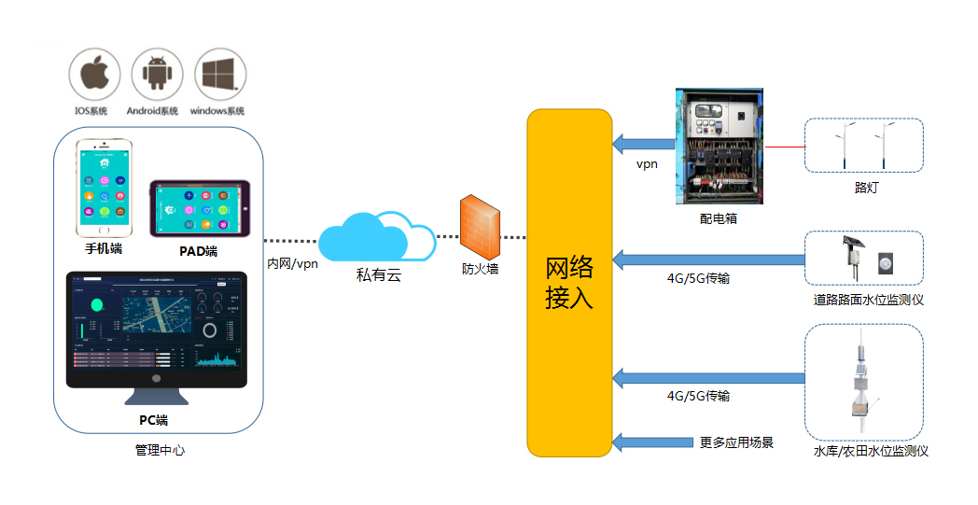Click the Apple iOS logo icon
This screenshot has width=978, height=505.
click(94, 75)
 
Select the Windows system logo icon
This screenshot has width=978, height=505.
click(220, 75)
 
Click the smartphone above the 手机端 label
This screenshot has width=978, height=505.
click(104, 190)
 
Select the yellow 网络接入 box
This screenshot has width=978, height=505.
click(569, 283)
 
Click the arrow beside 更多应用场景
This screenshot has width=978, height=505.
click(650, 442)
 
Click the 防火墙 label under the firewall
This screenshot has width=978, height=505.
click(481, 270)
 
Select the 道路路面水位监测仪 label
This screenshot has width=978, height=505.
click(868, 300)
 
